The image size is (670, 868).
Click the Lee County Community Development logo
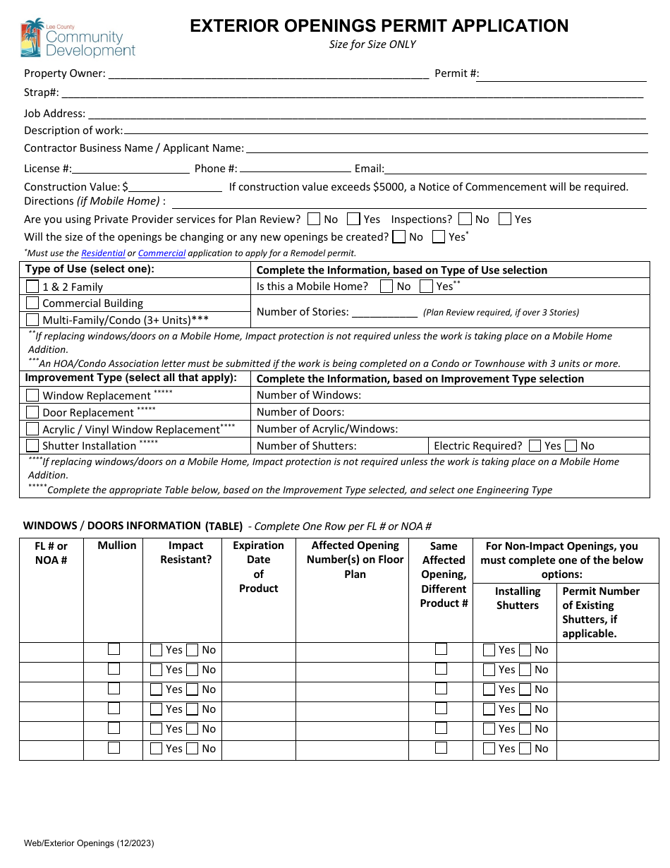[78, 38]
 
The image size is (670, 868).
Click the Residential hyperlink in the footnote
[103, 253]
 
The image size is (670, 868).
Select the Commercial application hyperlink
[162, 253]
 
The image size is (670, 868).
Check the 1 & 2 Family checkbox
[32, 287]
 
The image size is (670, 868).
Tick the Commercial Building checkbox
[32, 303]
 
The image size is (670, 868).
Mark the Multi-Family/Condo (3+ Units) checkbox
[32, 320]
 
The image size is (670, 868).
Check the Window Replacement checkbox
[32, 395]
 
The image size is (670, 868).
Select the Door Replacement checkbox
[32, 412]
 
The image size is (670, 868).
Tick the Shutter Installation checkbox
[32, 445]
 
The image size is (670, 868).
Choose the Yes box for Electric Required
[535, 445]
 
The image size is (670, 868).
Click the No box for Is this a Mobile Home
[386, 286]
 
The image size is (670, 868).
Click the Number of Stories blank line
[384, 312]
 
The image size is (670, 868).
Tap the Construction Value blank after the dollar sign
[176, 187]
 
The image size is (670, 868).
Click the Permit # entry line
[563, 74]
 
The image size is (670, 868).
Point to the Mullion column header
[117, 545]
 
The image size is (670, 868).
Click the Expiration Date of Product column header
[258, 567]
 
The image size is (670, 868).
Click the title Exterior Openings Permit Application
[379, 26]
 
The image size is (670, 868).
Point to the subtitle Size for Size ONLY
[372, 44]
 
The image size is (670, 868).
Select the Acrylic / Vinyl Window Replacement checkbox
[32, 428]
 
